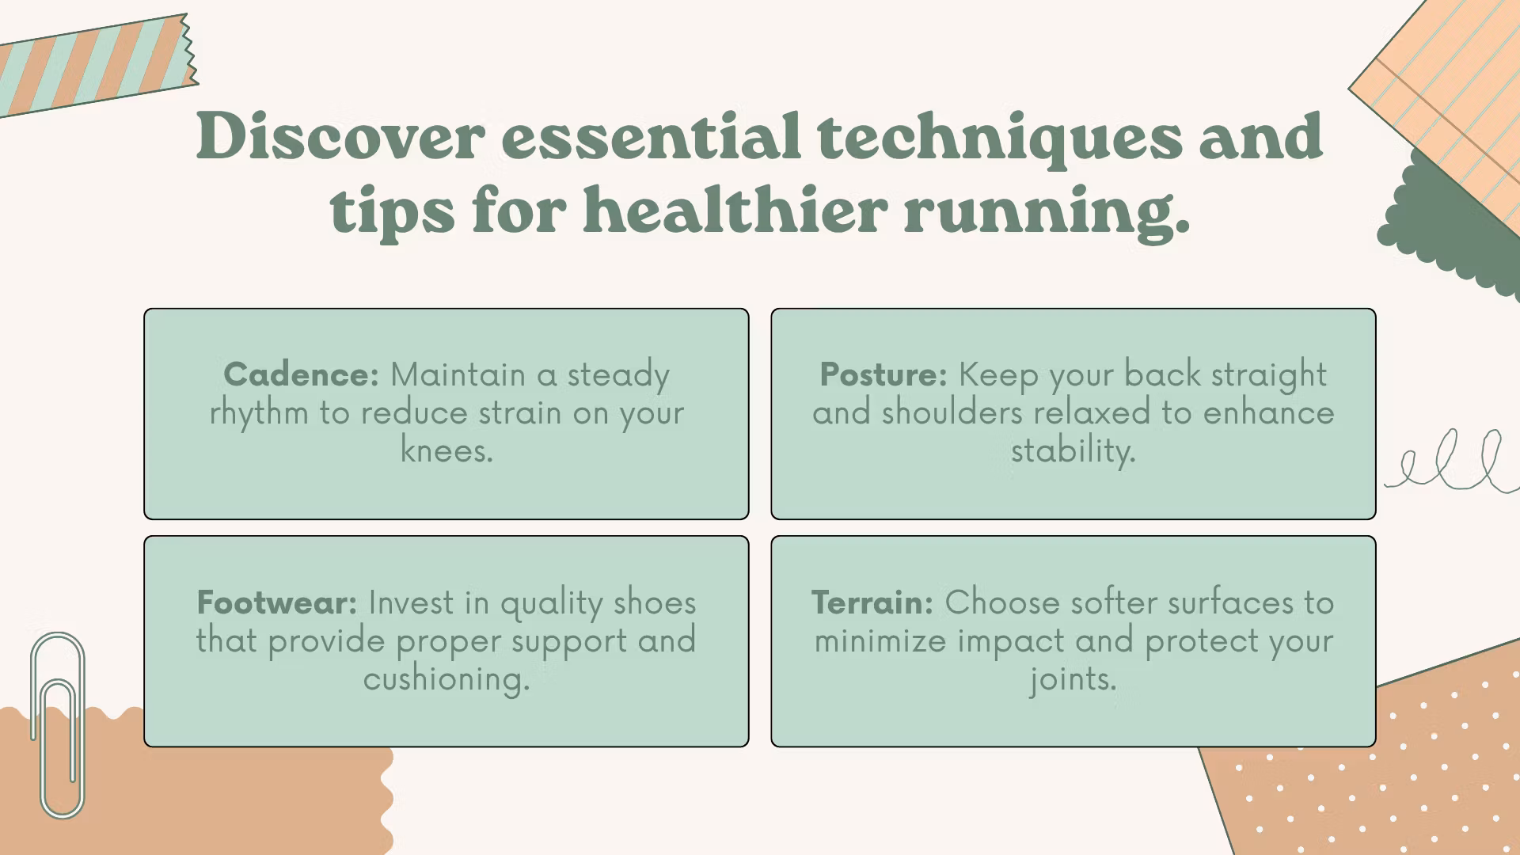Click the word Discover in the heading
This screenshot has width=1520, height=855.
click(x=340, y=136)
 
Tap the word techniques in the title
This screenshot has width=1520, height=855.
click(x=1000, y=139)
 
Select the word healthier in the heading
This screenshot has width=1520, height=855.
click(x=735, y=210)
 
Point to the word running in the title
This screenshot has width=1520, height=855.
click(x=1047, y=213)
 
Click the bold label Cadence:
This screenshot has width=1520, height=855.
click(x=301, y=374)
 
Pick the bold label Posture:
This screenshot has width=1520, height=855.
click(x=883, y=374)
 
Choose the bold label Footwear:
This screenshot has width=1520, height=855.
click(x=277, y=602)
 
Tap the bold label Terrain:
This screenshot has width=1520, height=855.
click(x=872, y=602)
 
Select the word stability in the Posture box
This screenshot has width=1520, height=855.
click(x=1073, y=451)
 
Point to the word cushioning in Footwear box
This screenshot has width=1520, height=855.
click(x=446, y=678)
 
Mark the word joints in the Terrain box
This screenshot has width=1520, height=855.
click(x=1073, y=678)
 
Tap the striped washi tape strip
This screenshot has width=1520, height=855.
click(x=95, y=66)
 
